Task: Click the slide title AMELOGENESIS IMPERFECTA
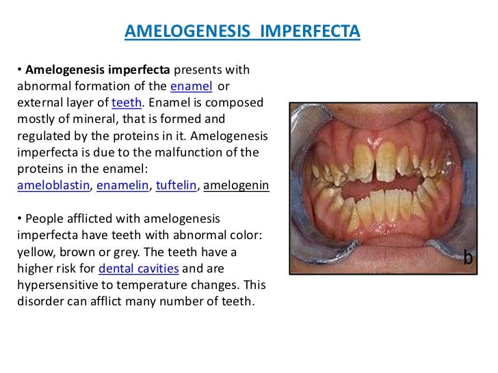click(242, 32)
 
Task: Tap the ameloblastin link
click(55, 186)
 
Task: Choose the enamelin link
click(124, 186)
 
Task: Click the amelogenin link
click(237, 186)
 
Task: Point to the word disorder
click(39, 301)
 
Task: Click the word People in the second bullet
click(42, 219)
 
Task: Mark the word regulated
click(42, 136)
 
